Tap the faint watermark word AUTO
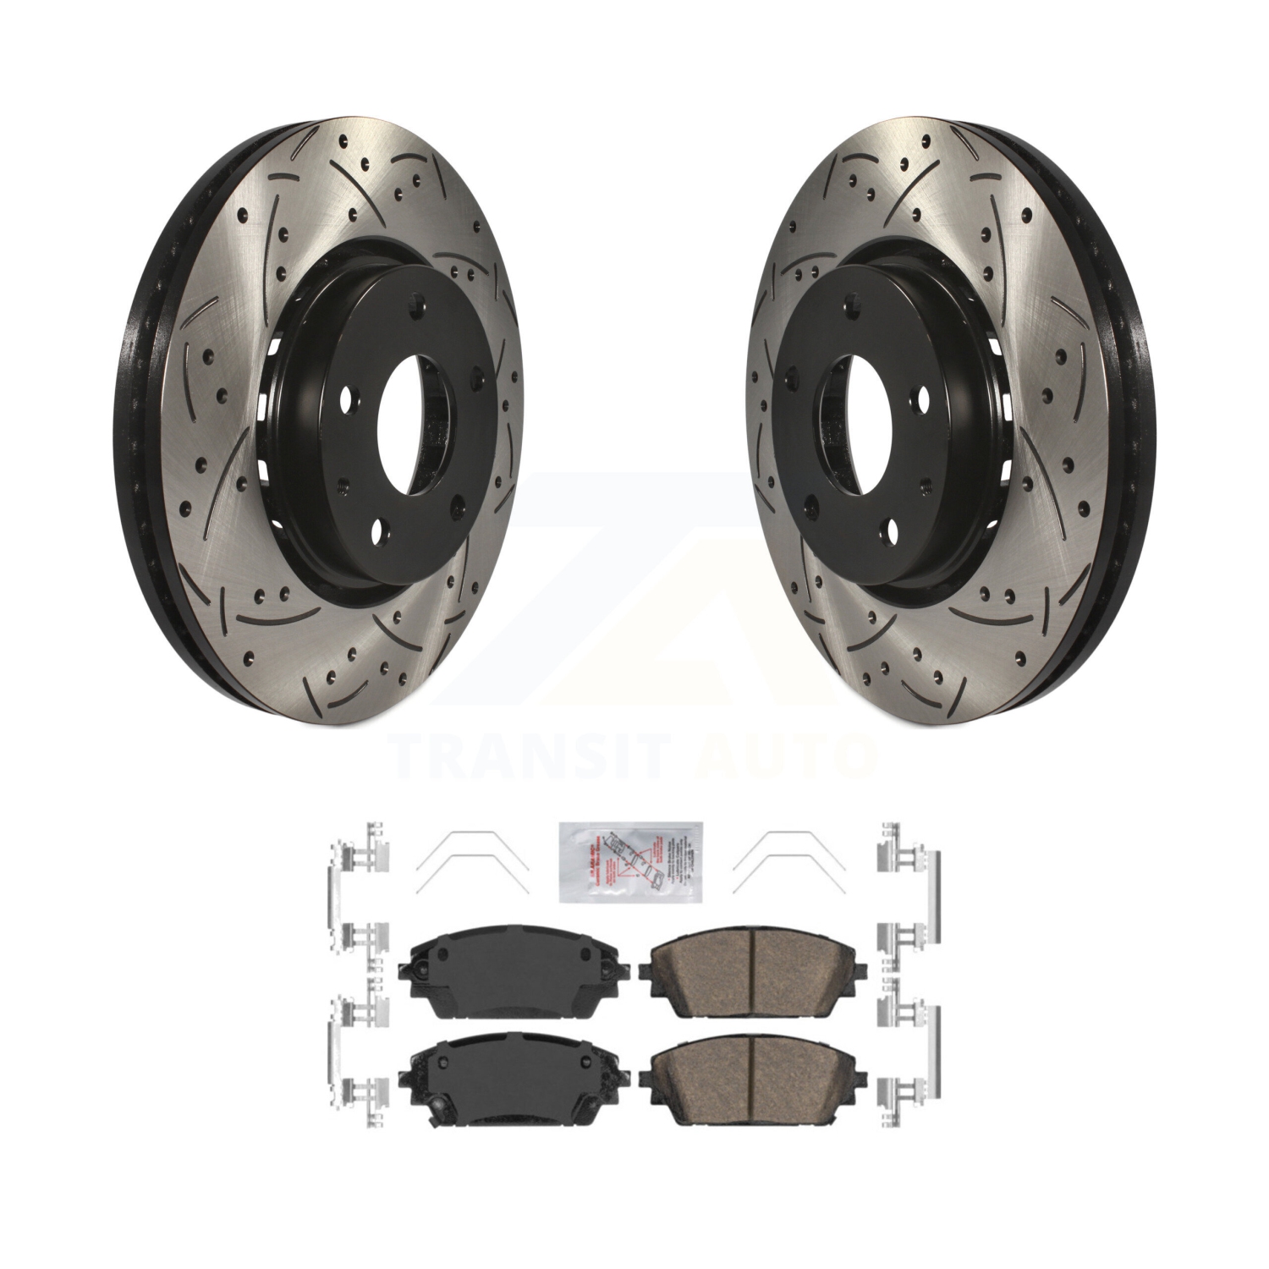[783, 757]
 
